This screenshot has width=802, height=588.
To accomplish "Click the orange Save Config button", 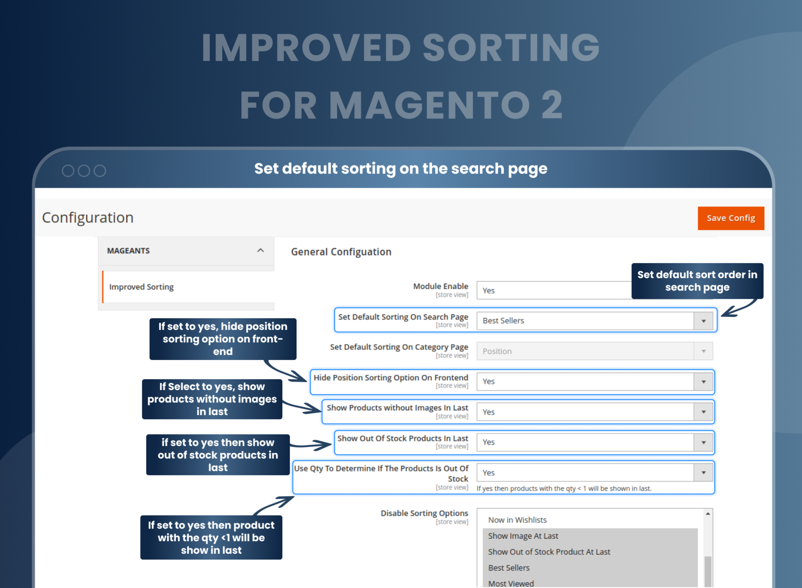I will tap(730, 218).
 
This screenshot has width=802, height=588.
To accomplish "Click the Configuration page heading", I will tap(88, 218).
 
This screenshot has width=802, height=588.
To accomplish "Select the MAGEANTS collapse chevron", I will tap(260, 251).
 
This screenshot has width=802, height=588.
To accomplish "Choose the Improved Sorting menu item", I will tap(141, 287).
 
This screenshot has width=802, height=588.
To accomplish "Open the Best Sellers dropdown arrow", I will tap(703, 321).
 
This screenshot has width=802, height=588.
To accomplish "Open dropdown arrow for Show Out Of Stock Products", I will tap(703, 442).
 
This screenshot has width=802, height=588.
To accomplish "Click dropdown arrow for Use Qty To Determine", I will tap(703, 473).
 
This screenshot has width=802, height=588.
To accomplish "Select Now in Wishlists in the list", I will tap(517, 520).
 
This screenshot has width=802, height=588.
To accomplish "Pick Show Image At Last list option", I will tap(523, 536).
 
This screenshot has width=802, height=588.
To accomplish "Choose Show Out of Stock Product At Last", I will tap(549, 552).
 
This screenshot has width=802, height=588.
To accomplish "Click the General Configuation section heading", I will tap(341, 252).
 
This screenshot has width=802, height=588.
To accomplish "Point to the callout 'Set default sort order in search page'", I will tap(697, 281).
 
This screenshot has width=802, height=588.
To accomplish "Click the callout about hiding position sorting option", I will tap(223, 339).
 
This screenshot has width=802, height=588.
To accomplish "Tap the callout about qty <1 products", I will tap(211, 537).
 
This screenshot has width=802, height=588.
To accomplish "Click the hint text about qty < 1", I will tap(564, 489).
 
